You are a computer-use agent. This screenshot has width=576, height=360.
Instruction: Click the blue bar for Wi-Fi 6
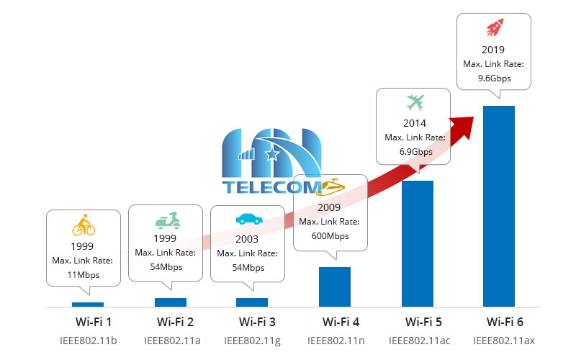pos(499,206)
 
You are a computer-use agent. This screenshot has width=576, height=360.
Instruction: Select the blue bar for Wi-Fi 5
pos(417,243)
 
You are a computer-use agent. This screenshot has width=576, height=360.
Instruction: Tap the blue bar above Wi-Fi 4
pos(334,287)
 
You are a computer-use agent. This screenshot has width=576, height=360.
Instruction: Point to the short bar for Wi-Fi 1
pos(88,305)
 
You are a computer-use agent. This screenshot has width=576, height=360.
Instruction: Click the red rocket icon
pos(495,29)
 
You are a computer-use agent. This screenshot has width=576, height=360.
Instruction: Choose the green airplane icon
pos(415,101)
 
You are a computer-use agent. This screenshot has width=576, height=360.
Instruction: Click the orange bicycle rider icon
pos(84,226)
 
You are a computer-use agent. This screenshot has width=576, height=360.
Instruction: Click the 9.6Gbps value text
pos(495,78)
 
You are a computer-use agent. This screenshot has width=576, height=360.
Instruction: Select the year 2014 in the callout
pos(415,122)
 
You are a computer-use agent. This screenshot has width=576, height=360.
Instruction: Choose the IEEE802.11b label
pos(89,339)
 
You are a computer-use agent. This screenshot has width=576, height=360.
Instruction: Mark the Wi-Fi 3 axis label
pos(253,321)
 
